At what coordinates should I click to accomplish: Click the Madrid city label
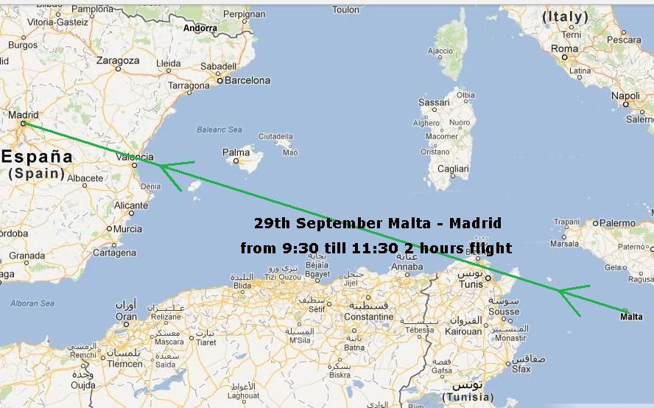(x=22, y=114)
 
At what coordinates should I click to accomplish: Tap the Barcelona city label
(x=247, y=80)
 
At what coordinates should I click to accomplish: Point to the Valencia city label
(x=135, y=156)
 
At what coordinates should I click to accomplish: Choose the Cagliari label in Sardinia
(x=452, y=169)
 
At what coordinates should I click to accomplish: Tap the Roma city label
(x=565, y=49)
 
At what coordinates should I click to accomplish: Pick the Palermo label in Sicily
(x=616, y=222)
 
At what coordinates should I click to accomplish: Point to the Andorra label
(x=200, y=28)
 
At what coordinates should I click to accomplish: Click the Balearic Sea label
(x=219, y=130)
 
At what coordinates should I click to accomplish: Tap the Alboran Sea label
(x=32, y=303)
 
